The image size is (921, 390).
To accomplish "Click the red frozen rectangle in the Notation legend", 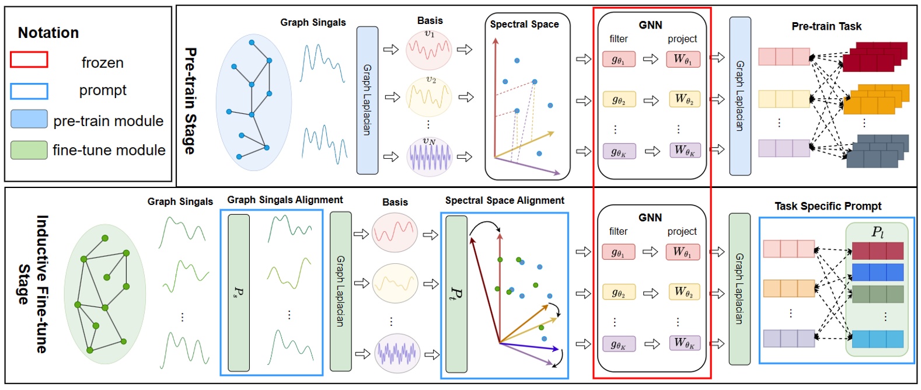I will (x=29, y=60).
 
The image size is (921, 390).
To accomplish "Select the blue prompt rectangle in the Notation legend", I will (x=29, y=91).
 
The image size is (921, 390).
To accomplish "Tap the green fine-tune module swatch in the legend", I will (x=29, y=150).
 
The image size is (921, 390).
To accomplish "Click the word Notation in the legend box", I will (x=48, y=33).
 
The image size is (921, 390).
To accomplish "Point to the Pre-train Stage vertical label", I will (x=190, y=100).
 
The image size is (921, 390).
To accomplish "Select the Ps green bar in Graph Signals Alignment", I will (x=239, y=292).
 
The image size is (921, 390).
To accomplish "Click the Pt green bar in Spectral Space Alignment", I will (x=456, y=294).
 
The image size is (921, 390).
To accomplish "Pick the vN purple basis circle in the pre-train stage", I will (x=430, y=156).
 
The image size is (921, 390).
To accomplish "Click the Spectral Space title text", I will (x=524, y=25).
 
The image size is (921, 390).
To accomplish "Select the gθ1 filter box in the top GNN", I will (x=619, y=59).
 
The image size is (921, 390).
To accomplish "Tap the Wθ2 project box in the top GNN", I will (x=684, y=99).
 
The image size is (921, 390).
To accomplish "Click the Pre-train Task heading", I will (x=826, y=26).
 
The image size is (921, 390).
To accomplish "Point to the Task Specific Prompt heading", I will (x=828, y=206).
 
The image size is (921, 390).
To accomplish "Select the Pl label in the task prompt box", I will (x=877, y=232).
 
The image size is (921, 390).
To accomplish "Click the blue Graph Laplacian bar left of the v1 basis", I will (x=367, y=100).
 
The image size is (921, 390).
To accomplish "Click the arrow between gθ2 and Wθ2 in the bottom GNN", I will (x=651, y=293).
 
